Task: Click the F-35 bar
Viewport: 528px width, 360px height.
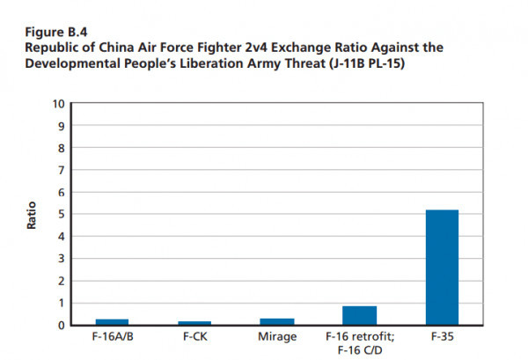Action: tap(442, 268)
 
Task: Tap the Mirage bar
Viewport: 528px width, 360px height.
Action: tap(276, 321)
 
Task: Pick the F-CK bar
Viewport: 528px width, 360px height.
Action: tap(194, 323)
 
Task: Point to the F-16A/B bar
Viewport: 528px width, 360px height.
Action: tap(112, 322)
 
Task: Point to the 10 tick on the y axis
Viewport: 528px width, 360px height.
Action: tap(58, 104)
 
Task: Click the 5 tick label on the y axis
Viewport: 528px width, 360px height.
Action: tap(61, 215)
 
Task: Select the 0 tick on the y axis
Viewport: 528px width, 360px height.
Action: tap(61, 326)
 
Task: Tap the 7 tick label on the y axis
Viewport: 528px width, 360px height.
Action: tap(61, 170)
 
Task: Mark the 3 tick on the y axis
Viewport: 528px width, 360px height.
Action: tap(61, 259)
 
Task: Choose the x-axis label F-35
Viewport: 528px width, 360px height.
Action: tap(442, 336)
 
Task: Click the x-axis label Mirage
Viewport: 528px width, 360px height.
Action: tap(276, 336)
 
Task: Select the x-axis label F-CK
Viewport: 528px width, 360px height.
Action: tap(194, 336)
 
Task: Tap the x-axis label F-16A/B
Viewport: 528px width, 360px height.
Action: tap(112, 336)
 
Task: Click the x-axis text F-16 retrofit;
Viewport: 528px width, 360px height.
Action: tap(359, 336)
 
